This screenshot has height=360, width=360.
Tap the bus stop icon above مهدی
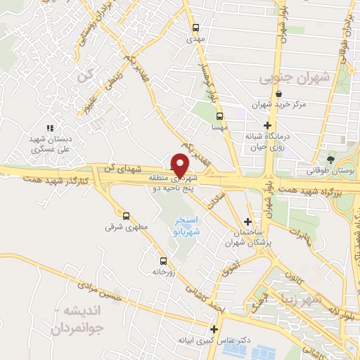(x=196, y=28)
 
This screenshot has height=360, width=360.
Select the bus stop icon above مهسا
(x=220, y=116)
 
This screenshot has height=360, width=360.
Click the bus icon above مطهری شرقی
(x=126, y=216)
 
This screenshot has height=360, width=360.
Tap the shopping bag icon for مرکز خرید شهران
(x=279, y=94)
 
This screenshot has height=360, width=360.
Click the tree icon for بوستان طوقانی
(x=331, y=160)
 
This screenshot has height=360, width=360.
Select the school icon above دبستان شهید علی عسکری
(x=50, y=128)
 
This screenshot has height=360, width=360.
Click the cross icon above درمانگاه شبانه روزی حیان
(x=268, y=125)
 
